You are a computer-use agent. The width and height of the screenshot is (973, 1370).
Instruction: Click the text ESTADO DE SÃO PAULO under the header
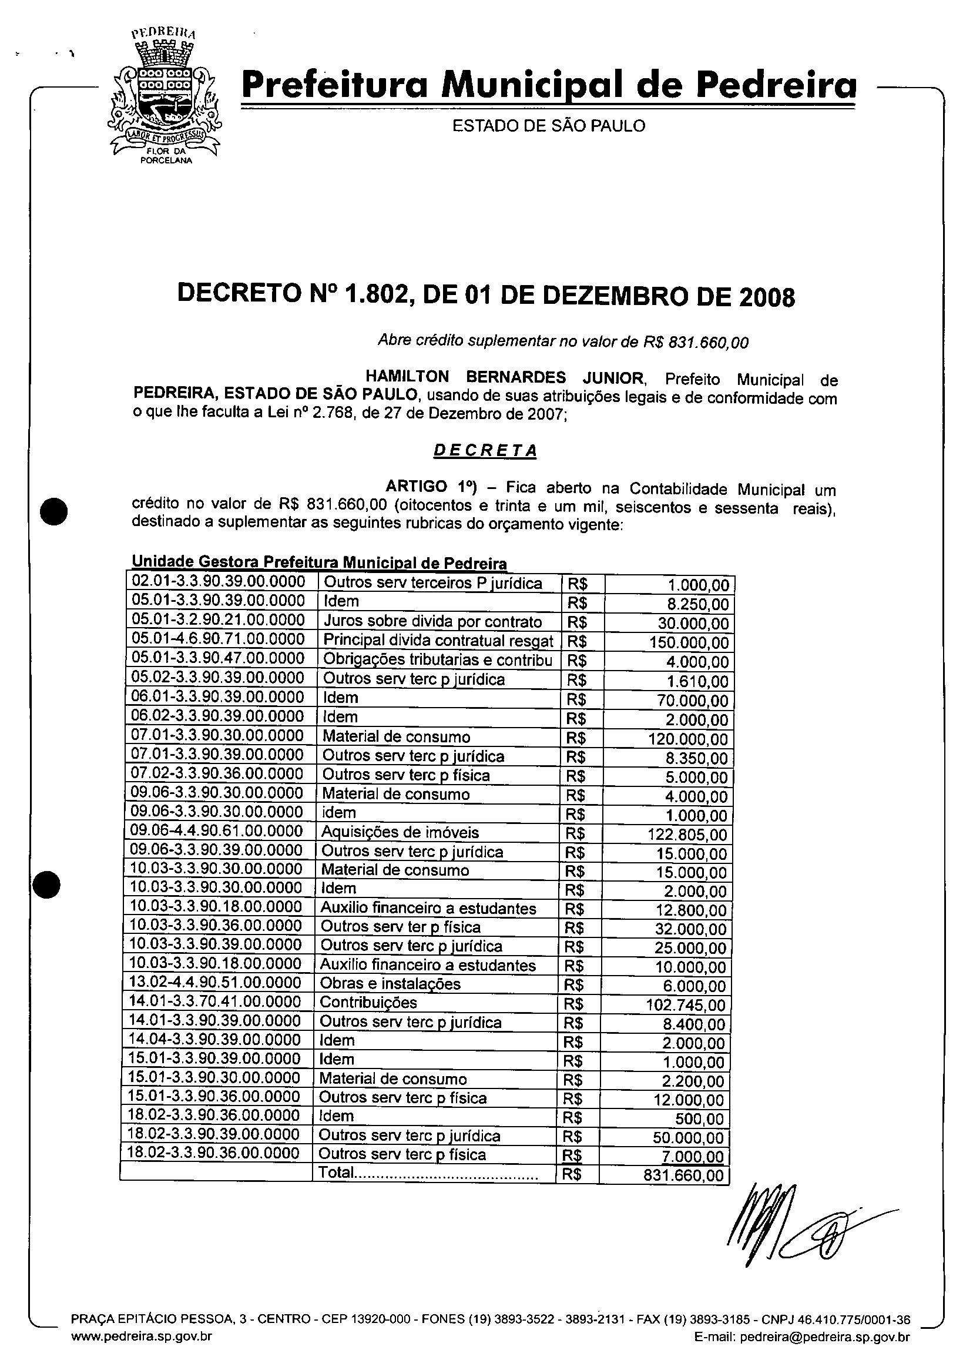(x=548, y=126)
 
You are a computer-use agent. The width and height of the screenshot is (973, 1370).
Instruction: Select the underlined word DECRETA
(x=485, y=451)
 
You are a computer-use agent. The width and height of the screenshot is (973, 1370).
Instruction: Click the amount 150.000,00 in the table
(x=689, y=643)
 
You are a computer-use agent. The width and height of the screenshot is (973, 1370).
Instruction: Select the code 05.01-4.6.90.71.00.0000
(x=219, y=639)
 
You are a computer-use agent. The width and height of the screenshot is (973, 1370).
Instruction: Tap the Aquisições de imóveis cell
(x=400, y=832)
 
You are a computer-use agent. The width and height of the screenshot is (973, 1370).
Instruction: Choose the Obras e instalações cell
(x=390, y=984)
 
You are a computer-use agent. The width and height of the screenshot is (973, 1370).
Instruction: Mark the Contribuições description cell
(x=368, y=1003)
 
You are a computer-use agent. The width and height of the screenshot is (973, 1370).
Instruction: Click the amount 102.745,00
(x=686, y=1005)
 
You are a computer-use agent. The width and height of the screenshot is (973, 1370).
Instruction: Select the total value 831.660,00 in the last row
(x=683, y=1176)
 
